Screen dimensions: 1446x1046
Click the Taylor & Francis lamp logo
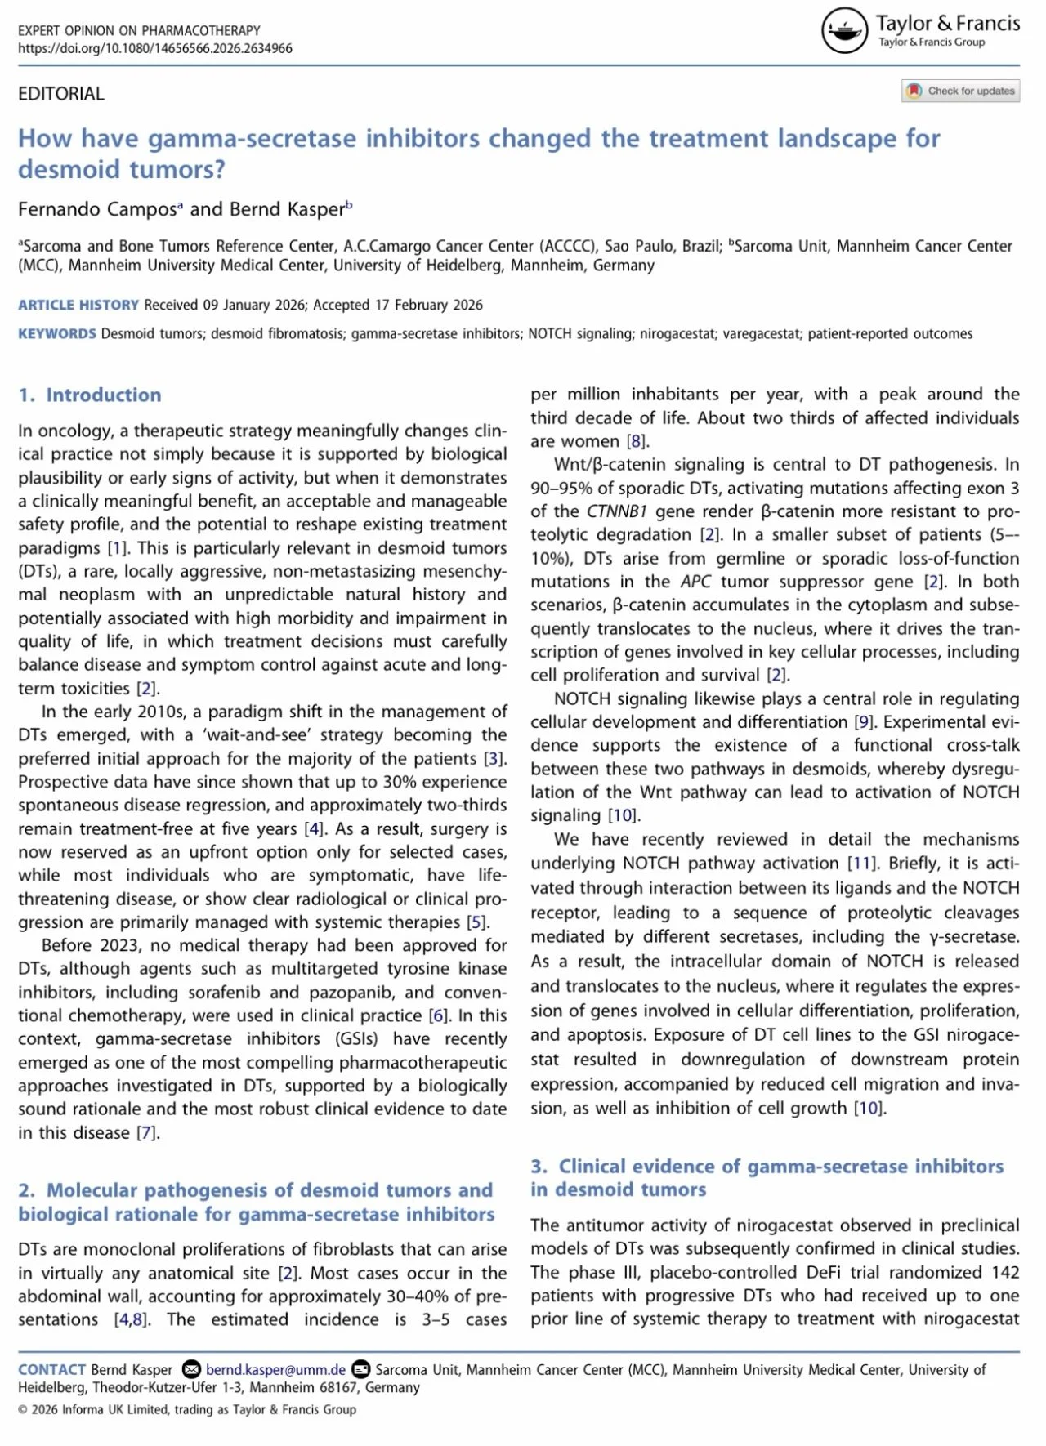point(843,31)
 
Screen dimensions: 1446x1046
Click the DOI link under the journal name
point(155,48)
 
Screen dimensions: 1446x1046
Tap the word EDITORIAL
point(61,94)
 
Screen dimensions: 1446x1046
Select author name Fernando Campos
point(97,209)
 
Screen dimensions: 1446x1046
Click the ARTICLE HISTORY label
point(78,305)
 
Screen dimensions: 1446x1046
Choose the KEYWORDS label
point(57,333)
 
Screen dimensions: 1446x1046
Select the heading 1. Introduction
point(90,395)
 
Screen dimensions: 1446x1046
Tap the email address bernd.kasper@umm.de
point(275,1369)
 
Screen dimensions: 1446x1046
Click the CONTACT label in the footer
point(51,1369)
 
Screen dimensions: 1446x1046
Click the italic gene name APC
point(696,582)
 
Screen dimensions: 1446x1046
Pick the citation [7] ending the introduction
point(147,1133)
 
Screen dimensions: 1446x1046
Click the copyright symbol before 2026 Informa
point(23,1409)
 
